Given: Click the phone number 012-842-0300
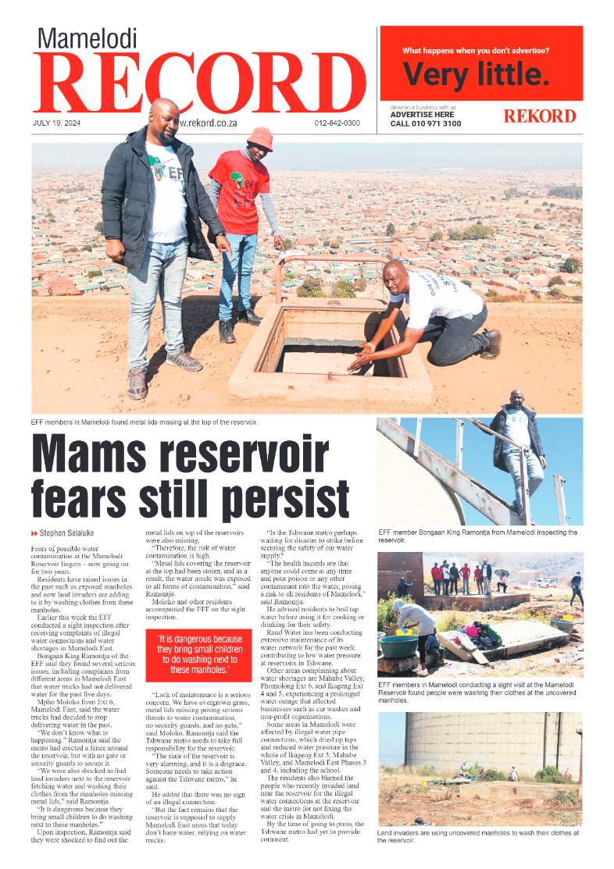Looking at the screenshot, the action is [337, 123].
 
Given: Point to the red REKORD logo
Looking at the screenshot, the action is [540, 116].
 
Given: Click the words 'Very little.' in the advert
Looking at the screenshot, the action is [476, 75].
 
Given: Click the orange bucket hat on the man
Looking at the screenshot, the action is [259, 138].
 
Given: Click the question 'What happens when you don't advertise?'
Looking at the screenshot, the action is [475, 51].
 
